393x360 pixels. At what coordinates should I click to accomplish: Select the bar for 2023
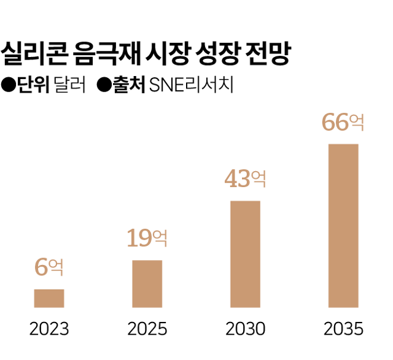pyautogui.click(x=49, y=298)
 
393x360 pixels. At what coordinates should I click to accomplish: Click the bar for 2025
pyautogui.click(x=147, y=283)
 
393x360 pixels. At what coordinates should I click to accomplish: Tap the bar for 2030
pyautogui.click(x=245, y=254)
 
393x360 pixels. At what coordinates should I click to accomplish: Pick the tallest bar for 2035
pyautogui.click(x=343, y=225)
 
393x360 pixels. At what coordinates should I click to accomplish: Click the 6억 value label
pyautogui.click(x=49, y=267)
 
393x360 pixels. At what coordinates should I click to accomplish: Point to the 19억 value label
pyautogui.click(x=147, y=238)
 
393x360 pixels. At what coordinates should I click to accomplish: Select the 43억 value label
pyautogui.click(x=245, y=179)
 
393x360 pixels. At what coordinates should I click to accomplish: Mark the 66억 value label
pyautogui.click(x=343, y=123)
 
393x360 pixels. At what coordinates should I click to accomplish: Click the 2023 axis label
pyautogui.click(x=49, y=329)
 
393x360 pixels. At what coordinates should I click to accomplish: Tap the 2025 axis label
pyautogui.click(x=147, y=329)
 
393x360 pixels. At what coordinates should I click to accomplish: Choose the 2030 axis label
pyautogui.click(x=245, y=329)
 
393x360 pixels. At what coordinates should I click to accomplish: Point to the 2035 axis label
pyautogui.click(x=343, y=329)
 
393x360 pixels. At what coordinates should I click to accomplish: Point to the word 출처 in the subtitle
pyautogui.click(x=128, y=85)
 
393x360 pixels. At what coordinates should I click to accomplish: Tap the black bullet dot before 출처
pyautogui.click(x=103, y=85)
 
